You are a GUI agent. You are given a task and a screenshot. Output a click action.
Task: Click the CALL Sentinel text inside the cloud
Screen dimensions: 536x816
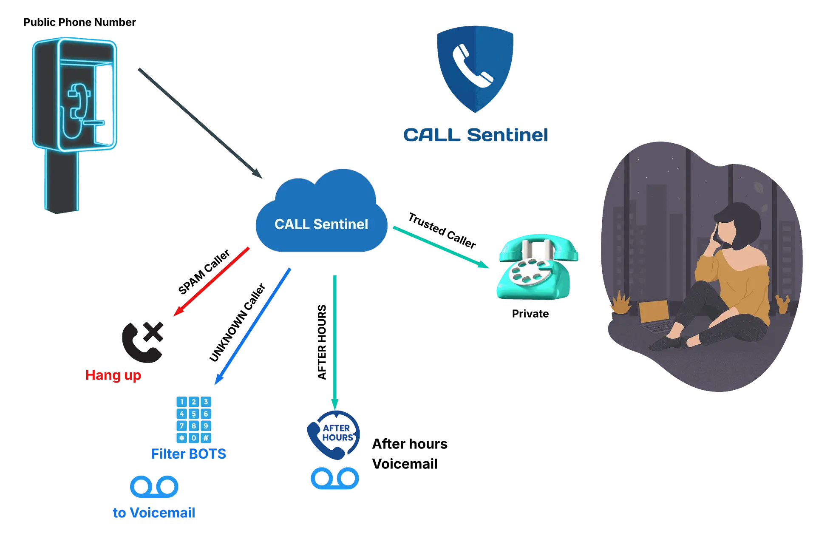321,224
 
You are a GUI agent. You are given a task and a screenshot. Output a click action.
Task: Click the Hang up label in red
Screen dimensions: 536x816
113,375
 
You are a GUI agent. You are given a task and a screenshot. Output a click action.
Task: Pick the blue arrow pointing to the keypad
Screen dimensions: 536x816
252,326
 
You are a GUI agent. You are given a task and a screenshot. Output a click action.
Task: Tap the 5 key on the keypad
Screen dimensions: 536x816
194,414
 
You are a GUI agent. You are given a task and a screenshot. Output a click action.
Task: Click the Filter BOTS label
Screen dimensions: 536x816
189,454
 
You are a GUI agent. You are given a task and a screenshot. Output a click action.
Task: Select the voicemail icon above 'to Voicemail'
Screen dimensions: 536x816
154,486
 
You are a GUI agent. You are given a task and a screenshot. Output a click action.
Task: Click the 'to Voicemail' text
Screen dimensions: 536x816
154,513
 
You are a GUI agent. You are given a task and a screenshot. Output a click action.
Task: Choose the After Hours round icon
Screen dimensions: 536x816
334,434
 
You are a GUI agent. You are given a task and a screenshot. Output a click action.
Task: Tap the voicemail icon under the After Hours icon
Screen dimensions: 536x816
335,478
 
